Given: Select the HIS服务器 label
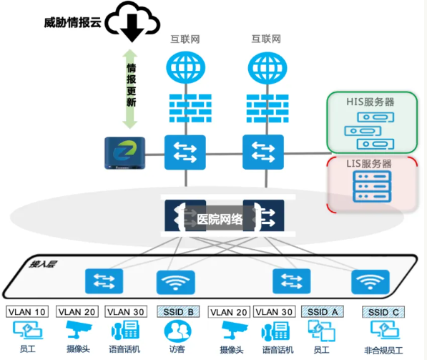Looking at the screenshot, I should coord(370,102).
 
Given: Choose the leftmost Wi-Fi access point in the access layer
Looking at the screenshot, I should coord(175,282).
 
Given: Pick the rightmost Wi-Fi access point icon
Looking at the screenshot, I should coord(369,282).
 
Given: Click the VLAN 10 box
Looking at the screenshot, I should coord(26,311).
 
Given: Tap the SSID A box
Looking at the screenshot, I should coord(323,311).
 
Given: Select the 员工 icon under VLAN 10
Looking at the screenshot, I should coord(26,331).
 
